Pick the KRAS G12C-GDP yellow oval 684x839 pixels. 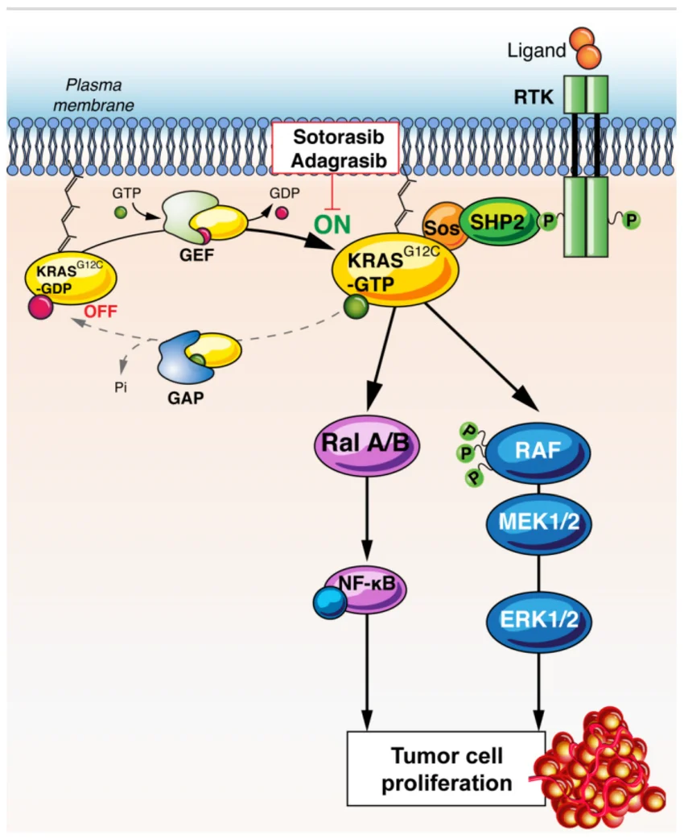(x=73, y=279)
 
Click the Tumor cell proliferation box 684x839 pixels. (x=447, y=769)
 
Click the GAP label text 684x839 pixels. (x=187, y=397)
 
